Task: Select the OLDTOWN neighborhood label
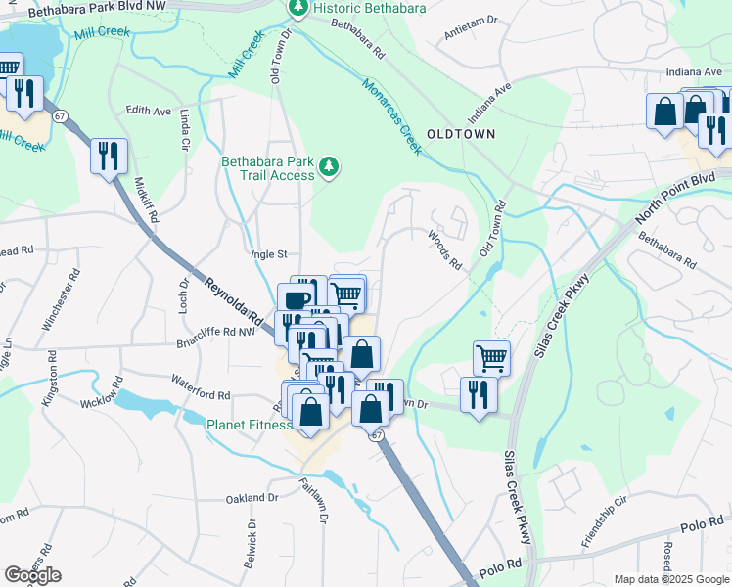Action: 460,133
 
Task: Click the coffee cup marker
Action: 297,297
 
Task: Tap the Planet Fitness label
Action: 249,425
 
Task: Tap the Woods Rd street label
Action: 443,248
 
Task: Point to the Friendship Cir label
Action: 604,527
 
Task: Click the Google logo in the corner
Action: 32,575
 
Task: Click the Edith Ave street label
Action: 149,111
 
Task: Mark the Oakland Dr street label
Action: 252,497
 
